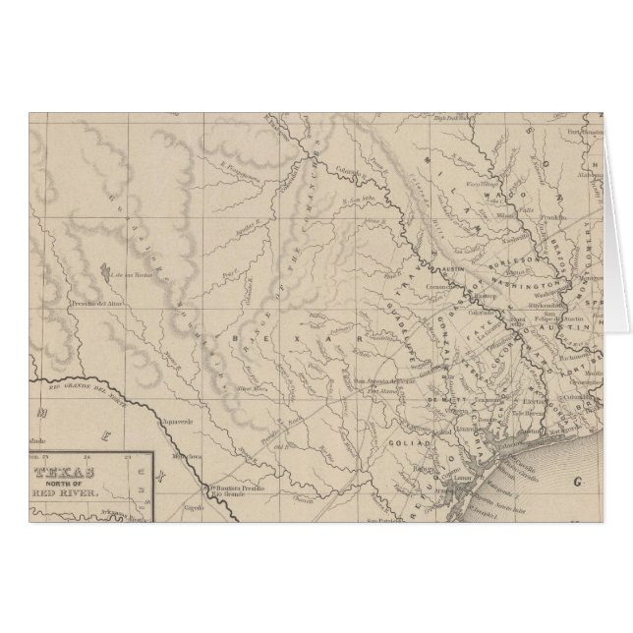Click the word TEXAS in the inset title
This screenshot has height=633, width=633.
coord(73,470)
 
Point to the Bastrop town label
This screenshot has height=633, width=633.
coord(481,294)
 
